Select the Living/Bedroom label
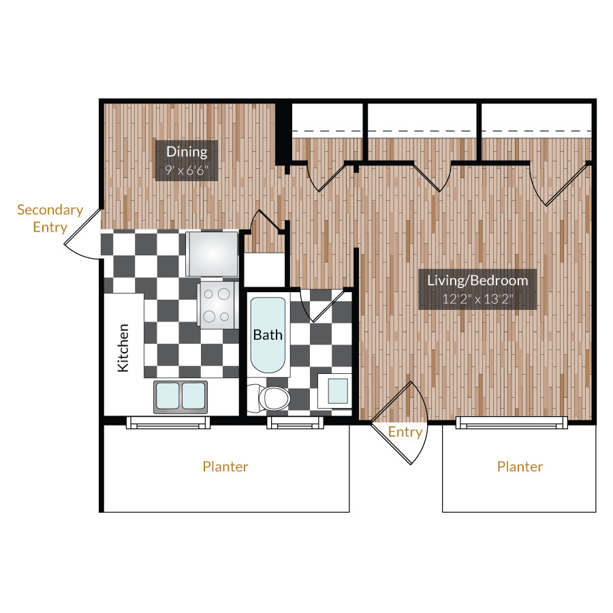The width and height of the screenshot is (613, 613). coord(477,279)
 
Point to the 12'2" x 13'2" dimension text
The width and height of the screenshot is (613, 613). coord(477,298)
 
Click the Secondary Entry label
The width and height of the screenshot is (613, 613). coord(50,218)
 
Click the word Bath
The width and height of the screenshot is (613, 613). coord(268,334)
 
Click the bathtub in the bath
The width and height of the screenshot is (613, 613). coord(268,334)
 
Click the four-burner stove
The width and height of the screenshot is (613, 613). coord(217,304)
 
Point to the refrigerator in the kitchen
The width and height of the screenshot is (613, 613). coord(213,253)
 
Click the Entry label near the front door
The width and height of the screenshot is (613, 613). coord(405,432)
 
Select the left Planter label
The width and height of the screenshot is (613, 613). coord(225,467)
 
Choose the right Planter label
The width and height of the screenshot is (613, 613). coord(520,467)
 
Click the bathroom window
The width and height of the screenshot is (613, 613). coord(295,423)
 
